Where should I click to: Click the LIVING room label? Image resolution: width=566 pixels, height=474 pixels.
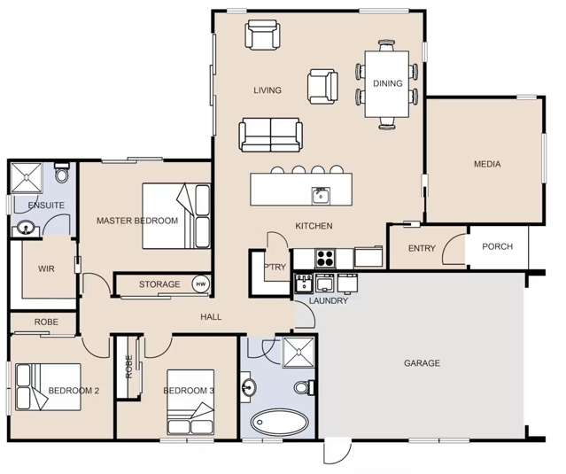267,90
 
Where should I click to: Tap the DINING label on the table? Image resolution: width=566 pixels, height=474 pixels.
387,84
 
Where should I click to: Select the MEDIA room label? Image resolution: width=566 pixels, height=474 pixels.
487,164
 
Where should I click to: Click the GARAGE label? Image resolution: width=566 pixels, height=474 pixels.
422,363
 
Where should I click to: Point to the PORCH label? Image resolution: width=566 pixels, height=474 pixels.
497,247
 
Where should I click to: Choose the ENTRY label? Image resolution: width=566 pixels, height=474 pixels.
422,249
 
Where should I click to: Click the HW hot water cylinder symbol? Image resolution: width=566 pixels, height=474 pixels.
200,284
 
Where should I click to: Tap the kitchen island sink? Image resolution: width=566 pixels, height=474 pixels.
319,194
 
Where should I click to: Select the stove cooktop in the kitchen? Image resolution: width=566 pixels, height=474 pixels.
324,259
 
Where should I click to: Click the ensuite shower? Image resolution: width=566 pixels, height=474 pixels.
26,178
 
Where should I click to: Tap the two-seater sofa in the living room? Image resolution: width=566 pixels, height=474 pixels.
270,136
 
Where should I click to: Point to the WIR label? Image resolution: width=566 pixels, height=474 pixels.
47,268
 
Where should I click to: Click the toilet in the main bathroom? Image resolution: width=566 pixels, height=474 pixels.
302,388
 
